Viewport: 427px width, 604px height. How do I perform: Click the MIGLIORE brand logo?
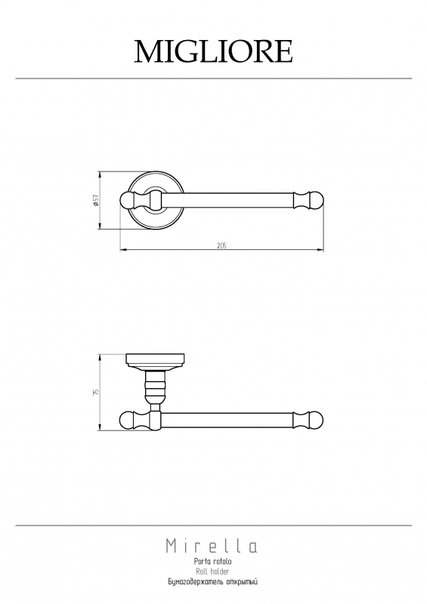213,51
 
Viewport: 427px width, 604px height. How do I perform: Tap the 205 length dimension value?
221,246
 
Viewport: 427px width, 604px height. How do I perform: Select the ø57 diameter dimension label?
96,200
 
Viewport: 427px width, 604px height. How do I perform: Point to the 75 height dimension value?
96,392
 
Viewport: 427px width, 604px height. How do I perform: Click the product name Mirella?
212,546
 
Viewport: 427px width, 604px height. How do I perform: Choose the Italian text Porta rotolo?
212,562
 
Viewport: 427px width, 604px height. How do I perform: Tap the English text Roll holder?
212,572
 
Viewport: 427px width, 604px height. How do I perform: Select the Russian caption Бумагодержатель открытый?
212,582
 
